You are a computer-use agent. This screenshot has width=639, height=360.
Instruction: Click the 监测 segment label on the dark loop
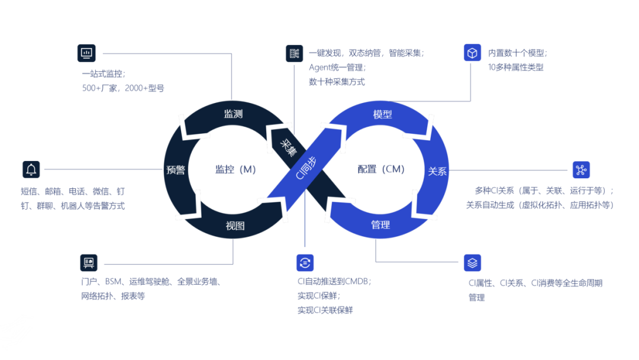[x=233, y=114]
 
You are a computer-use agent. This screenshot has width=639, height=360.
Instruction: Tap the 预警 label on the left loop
[x=176, y=170]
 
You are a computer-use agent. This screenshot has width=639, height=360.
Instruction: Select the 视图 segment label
[x=235, y=226]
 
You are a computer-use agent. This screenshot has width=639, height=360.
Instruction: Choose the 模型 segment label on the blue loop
[x=383, y=114]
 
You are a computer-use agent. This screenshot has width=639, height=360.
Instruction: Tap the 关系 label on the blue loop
[x=438, y=171]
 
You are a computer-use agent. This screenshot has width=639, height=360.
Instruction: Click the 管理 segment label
[x=380, y=225]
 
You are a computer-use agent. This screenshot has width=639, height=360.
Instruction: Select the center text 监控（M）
[x=235, y=169]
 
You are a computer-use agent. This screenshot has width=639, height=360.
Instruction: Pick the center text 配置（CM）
[x=381, y=169]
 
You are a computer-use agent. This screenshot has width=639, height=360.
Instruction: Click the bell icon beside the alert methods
[x=31, y=169]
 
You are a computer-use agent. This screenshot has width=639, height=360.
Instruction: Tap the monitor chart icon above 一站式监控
[x=86, y=53]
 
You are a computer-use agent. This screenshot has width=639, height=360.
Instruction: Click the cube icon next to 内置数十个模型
[x=472, y=53]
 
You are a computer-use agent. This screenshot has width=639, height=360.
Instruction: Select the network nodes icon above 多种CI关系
[x=581, y=170]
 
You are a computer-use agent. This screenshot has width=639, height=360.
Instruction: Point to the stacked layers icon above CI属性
[x=472, y=262]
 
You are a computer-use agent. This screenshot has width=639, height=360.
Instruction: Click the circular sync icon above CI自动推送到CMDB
[x=305, y=262]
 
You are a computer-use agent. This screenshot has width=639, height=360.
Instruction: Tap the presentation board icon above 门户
[x=89, y=262]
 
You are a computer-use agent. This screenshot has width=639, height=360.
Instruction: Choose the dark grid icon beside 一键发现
[x=294, y=53]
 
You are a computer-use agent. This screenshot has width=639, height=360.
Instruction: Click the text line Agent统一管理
[x=337, y=67]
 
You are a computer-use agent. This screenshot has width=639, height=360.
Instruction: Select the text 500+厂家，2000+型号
[x=123, y=88]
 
